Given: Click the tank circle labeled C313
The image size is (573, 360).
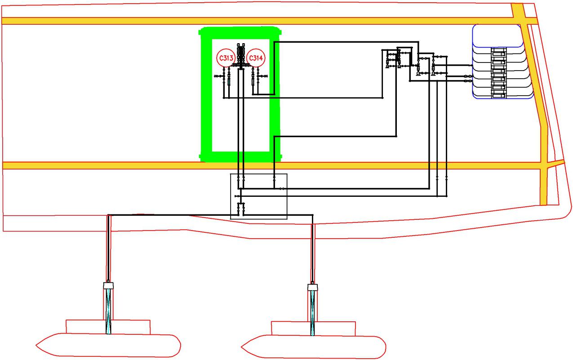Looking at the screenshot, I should (224, 58).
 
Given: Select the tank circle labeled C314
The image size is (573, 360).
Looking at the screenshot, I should (255, 58).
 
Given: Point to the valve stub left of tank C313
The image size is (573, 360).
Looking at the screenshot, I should (219, 77).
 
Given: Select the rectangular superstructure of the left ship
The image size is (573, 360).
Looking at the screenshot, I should (108, 327).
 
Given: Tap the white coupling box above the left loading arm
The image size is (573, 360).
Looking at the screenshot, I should (108, 285).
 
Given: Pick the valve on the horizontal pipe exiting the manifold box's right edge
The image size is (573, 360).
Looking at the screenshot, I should (281, 189).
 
